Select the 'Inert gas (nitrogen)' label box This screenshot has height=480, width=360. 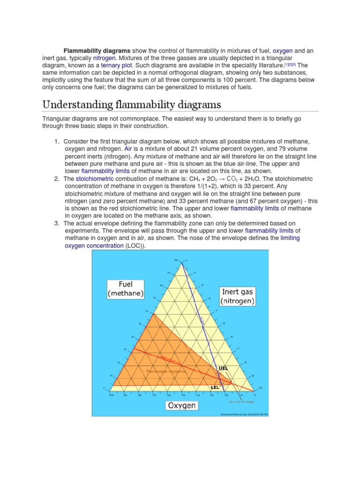[x=238, y=296]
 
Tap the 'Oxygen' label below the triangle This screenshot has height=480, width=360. [x=182, y=405]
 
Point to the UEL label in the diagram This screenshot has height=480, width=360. [x=224, y=368]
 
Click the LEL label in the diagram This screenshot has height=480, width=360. [x=215, y=388]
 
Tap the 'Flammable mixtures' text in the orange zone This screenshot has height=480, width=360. [x=166, y=371]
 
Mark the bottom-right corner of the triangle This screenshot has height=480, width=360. [x=254, y=390]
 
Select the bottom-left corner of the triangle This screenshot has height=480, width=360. [x=112, y=390]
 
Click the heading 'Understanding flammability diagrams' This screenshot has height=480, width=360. [x=131, y=104]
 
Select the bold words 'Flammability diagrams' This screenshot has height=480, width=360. [x=97, y=50]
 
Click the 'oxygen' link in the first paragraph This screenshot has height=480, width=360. [x=283, y=50]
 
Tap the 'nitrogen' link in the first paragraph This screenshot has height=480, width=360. [x=106, y=57]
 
